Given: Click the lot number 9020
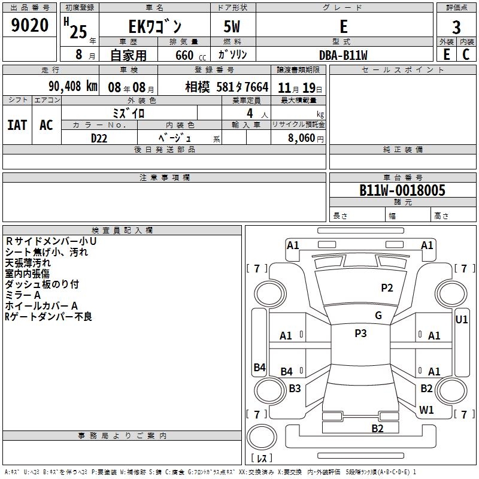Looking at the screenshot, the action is (30, 26).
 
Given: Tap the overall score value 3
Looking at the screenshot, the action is (456, 28).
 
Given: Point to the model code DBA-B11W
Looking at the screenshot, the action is (343, 54).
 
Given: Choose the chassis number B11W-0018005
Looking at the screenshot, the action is (402, 190).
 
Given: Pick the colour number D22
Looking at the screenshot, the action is (99, 138).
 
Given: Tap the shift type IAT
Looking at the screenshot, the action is (17, 125).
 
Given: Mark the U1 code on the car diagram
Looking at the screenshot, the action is (462, 320).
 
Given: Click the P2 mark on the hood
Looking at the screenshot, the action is (387, 288).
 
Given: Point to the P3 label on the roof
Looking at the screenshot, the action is (360, 334).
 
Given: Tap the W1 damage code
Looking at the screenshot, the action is (427, 410).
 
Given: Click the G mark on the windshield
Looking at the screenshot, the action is (378, 316).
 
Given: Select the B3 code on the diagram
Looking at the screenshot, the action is (295, 389).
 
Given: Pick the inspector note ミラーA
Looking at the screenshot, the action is (23, 295).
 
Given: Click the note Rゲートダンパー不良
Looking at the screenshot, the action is (48, 317).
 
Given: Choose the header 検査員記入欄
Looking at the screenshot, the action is (122, 231).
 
